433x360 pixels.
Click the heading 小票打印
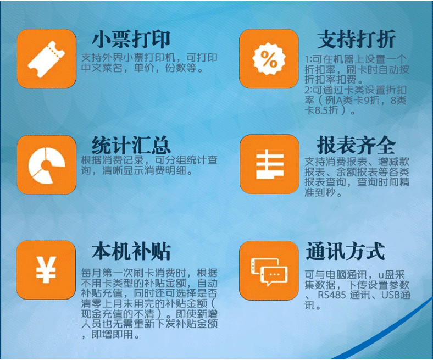tap(131, 39)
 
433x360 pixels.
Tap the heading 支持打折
tap(357, 39)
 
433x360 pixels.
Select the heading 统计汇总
tap(131, 145)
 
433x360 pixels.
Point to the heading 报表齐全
tap(356, 145)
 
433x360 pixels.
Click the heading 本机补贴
tap(131, 251)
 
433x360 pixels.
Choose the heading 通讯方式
tap(345, 251)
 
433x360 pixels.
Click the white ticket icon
tap(46, 59)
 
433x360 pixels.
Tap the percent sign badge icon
tap(269, 59)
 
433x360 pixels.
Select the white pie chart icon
tap(46, 165)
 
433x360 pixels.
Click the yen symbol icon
tap(46, 270)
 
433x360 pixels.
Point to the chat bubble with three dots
tap(274, 276)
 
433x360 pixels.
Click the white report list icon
tap(270, 164)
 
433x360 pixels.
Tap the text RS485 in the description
tap(331, 295)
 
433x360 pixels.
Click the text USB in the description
tap(391, 295)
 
